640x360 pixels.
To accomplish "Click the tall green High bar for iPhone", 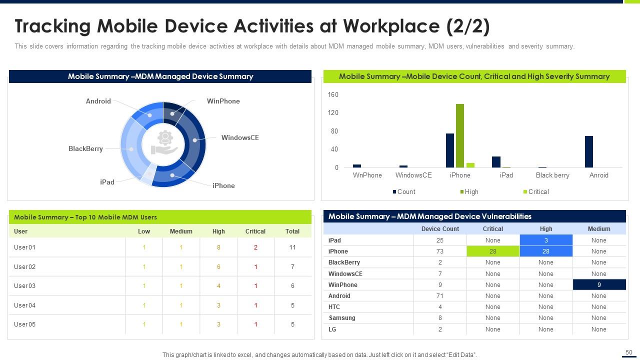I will click(x=460, y=135).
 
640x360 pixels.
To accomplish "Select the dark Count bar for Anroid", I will click(x=589, y=151).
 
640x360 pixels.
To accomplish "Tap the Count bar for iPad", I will click(x=496, y=162).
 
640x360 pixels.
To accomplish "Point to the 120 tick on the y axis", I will click(x=333, y=113).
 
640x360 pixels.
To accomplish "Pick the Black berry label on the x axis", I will click(x=552, y=175).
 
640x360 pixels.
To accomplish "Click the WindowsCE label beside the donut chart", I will click(x=240, y=138).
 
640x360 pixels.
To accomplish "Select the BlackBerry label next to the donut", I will click(x=85, y=149).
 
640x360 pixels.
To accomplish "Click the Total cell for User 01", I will click(x=292, y=247).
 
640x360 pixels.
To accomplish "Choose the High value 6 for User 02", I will click(x=218, y=267).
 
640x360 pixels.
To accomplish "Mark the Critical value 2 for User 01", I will click(x=255, y=247).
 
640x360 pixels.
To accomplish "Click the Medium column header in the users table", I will click(x=181, y=231).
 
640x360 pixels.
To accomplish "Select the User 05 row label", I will click(x=25, y=324).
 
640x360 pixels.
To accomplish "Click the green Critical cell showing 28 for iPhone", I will click(x=492, y=251).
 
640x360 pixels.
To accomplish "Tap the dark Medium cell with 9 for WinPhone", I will click(x=599, y=285).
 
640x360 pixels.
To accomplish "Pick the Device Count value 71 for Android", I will click(x=440, y=296).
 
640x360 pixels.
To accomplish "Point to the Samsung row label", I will click(x=342, y=318).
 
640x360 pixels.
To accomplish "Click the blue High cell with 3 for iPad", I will click(x=546, y=240).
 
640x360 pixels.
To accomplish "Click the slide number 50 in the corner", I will click(x=629, y=352).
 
